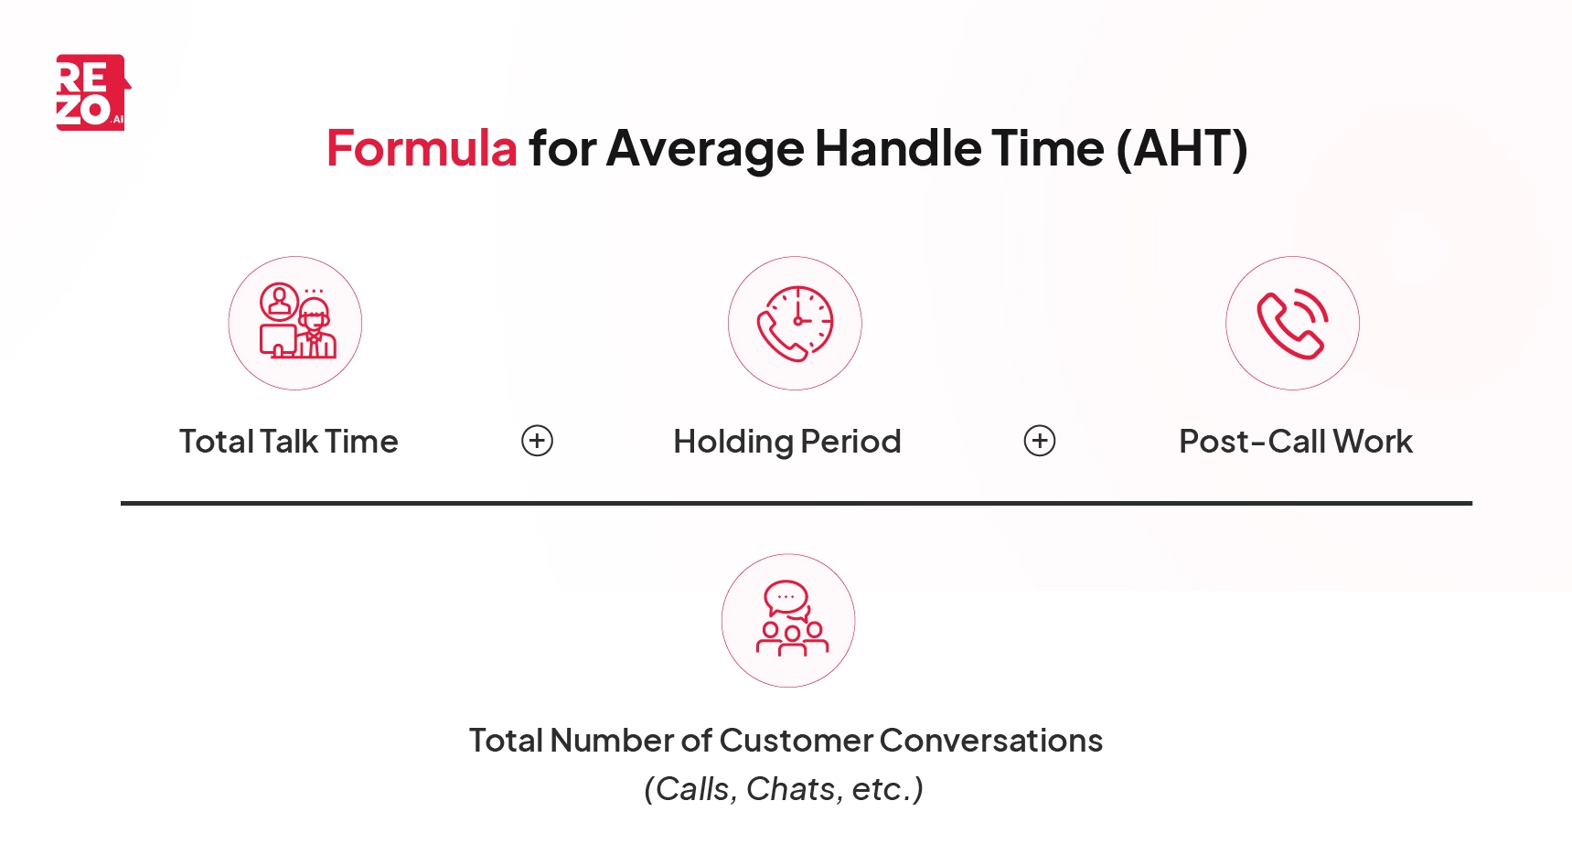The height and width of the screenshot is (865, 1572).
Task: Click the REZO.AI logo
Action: (92, 92)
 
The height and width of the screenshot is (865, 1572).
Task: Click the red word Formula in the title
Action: (422, 148)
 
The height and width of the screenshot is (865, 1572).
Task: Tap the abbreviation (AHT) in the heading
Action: (1182, 148)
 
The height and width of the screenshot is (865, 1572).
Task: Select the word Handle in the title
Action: (896, 148)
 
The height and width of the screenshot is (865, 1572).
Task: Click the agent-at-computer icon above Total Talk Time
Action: (295, 323)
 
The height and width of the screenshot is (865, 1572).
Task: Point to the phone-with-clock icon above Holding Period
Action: (795, 323)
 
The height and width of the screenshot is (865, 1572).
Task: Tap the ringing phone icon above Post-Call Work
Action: (1292, 323)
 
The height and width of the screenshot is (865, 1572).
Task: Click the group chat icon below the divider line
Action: (788, 620)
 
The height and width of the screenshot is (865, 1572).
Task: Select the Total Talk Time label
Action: (289, 442)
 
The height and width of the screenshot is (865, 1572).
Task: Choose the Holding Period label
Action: (787, 442)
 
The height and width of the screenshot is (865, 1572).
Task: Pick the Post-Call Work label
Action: (1296, 442)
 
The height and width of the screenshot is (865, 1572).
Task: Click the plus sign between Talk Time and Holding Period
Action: (537, 441)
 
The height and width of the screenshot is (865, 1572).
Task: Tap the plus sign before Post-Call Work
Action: (1039, 441)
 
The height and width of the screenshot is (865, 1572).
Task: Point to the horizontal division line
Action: (796, 503)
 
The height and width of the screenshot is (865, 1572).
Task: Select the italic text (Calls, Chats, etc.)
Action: (784, 788)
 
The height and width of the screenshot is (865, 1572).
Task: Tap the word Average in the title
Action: (704, 148)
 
